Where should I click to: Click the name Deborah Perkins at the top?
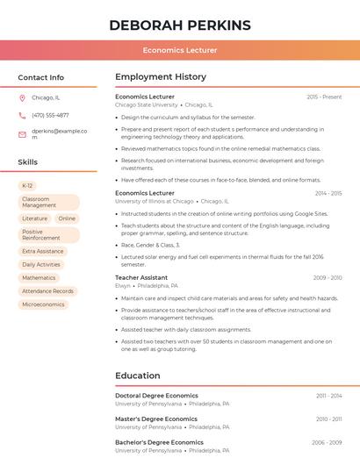pyautogui.click(x=180, y=25)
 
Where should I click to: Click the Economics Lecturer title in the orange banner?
pyautogui.click(x=180, y=50)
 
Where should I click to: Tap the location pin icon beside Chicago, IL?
pyautogui.click(x=22, y=97)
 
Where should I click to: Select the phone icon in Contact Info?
pyautogui.click(x=22, y=115)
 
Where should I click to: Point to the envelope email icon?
pyautogui.click(x=22, y=134)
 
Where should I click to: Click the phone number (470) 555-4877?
pyautogui.click(x=50, y=115)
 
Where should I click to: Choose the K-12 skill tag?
pyautogui.click(x=27, y=186)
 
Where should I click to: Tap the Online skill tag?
pyautogui.click(x=67, y=218)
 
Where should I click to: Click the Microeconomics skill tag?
pyautogui.click(x=43, y=304)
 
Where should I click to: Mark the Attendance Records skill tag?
pyautogui.click(x=47, y=291)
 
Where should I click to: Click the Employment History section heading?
pyautogui.click(x=161, y=77)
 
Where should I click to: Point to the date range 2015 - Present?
pyautogui.click(x=324, y=97)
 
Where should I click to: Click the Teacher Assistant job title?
pyautogui.click(x=141, y=277)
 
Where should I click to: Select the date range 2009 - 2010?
pyautogui.click(x=328, y=278)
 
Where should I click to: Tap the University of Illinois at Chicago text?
pyautogui.click(x=155, y=201)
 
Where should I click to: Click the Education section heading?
pyautogui.click(x=137, y=376)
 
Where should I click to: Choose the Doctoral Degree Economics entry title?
pyautogui.click(x=156, y=396)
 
